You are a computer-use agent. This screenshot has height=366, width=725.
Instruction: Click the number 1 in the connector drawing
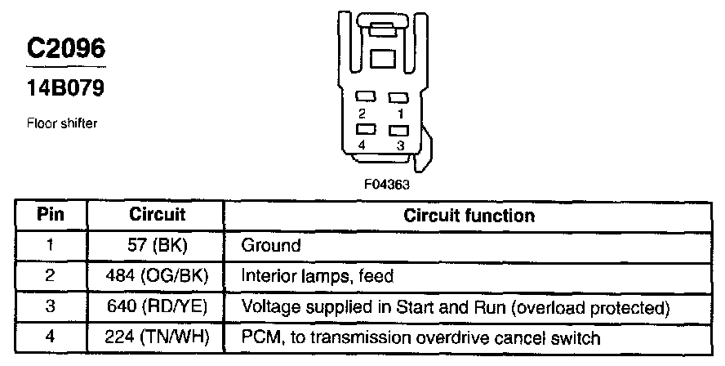tap(400, 113)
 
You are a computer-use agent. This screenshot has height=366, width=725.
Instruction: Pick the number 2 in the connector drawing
tap(362, 113)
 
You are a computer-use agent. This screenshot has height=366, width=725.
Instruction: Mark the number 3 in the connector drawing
tap(400, 145)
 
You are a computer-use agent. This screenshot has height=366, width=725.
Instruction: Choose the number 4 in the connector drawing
tap(362, 145)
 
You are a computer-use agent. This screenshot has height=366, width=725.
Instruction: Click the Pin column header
tap(51, 216)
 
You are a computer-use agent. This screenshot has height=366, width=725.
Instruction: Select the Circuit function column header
tap(469, 216)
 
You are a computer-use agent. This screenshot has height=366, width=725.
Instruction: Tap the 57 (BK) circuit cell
tap(157, 245)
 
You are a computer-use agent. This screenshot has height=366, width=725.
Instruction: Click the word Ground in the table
tap(271, 245)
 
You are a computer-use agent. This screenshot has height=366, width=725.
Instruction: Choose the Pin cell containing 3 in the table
tap(50, 307)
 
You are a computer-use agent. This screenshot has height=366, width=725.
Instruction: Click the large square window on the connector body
tap(381, 59)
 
